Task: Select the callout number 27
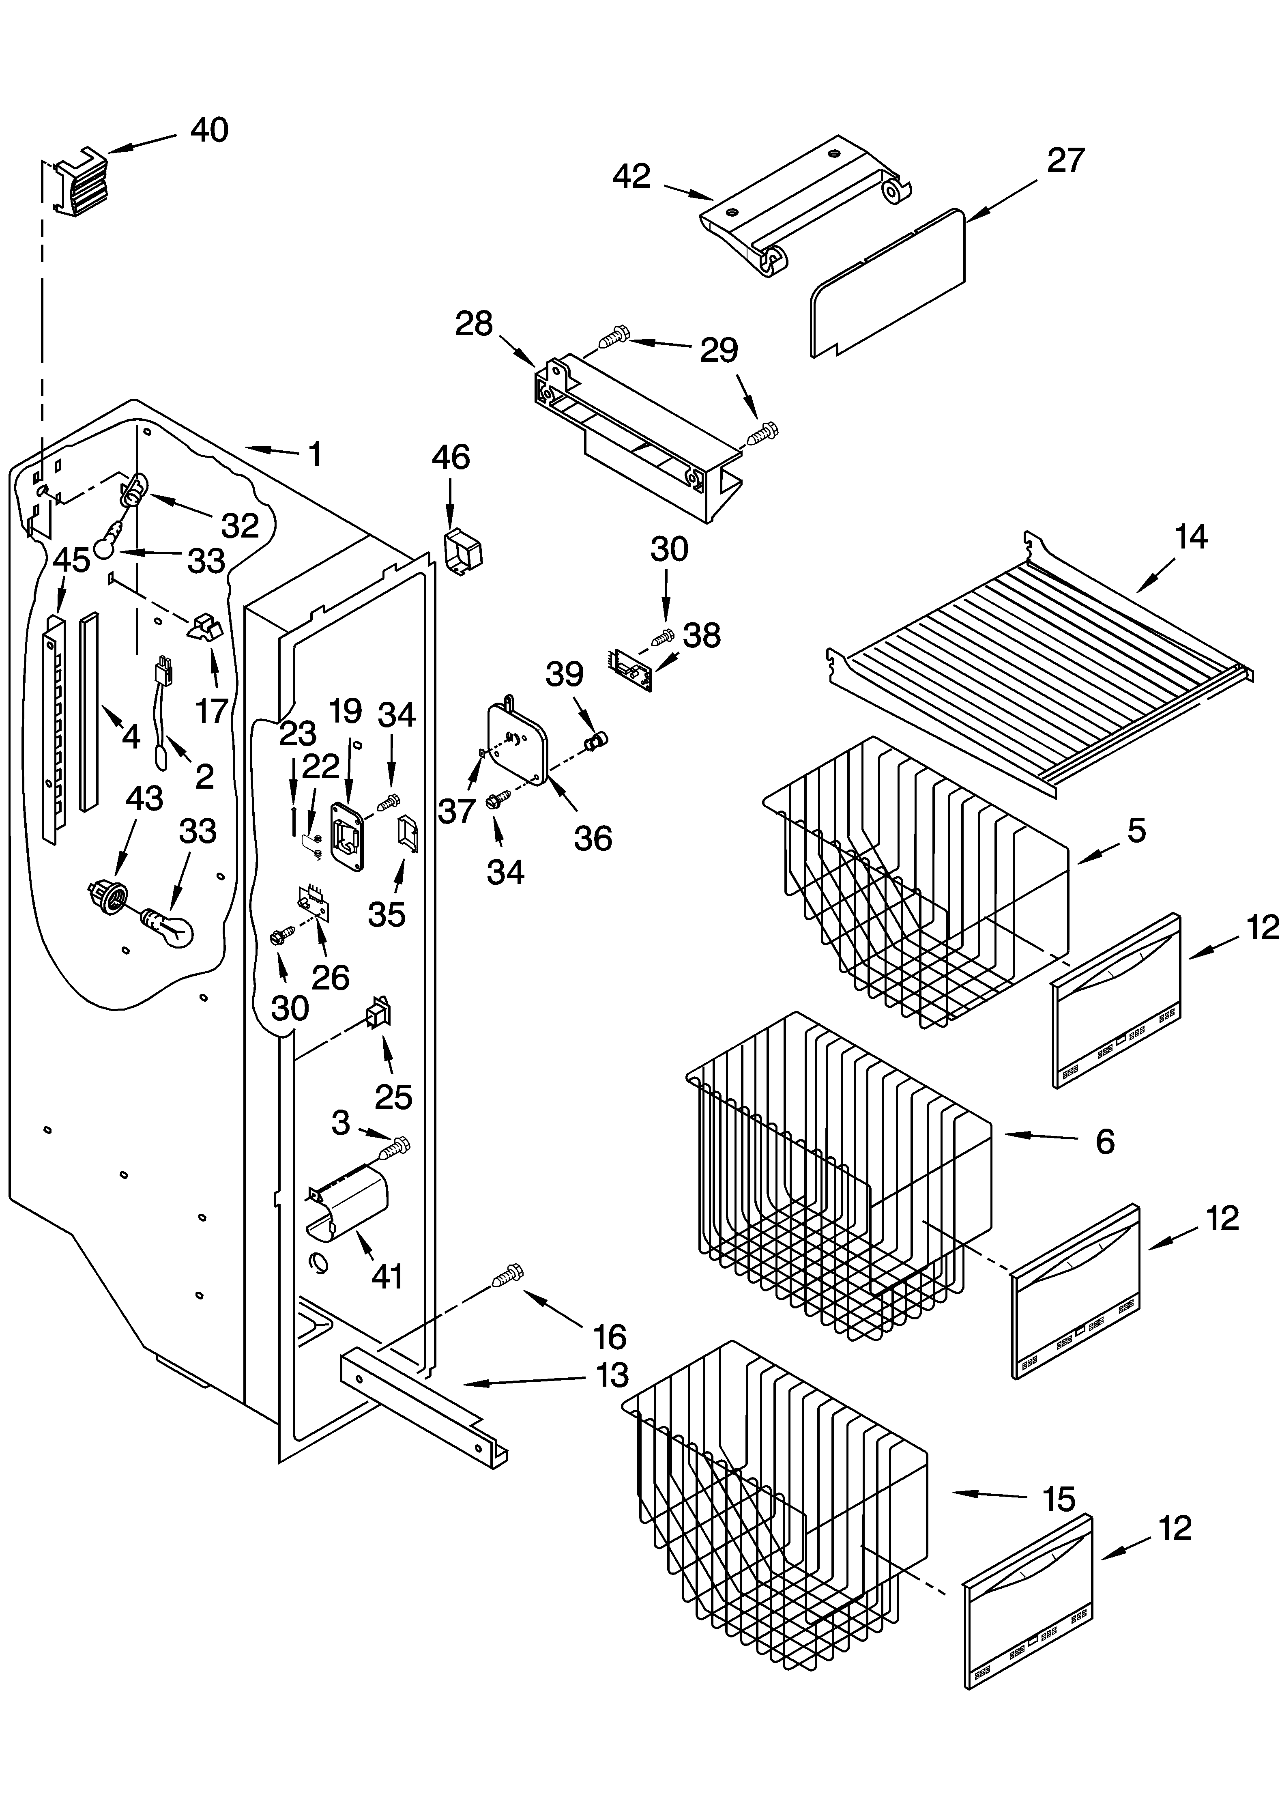click(x=1065, y=161)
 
